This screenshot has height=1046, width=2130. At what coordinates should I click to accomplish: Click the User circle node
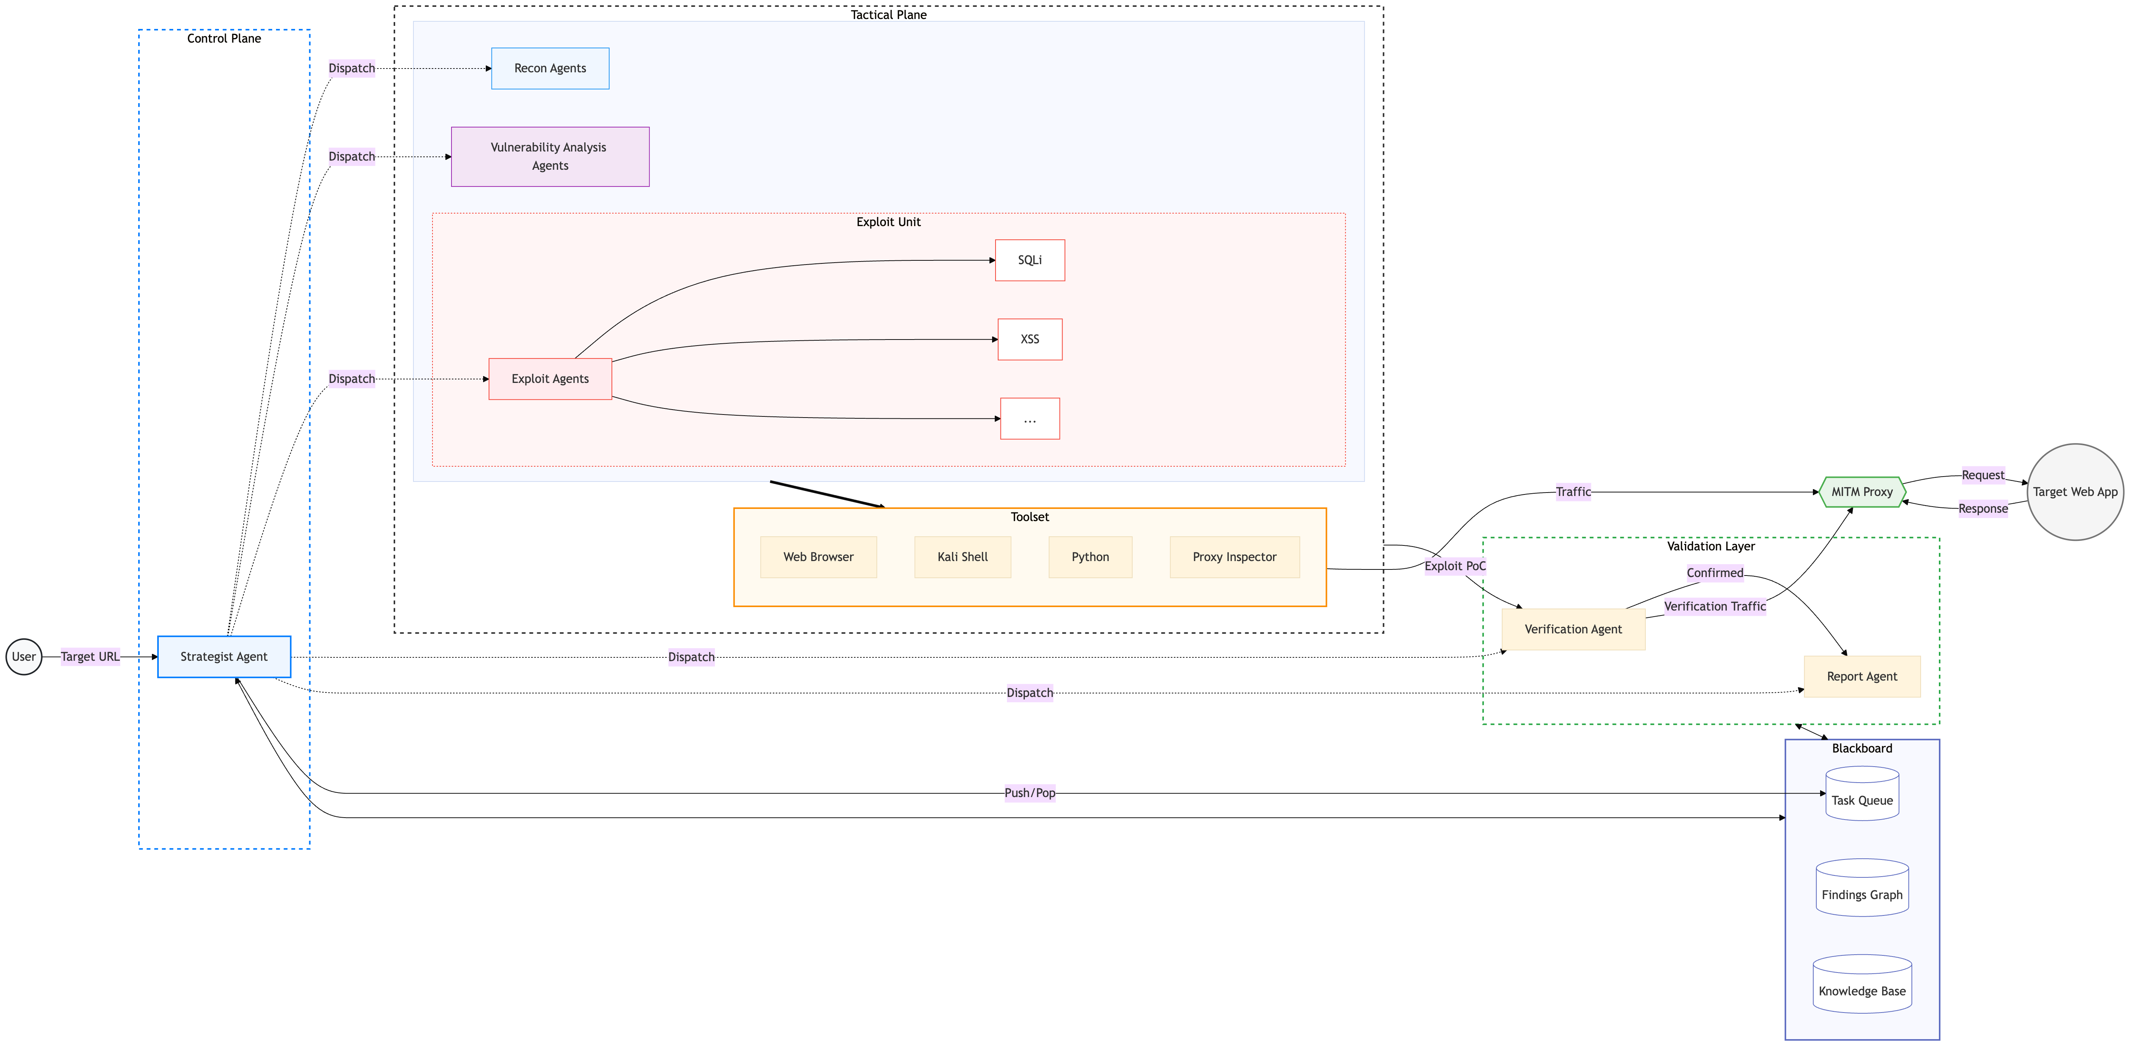click(24, 657)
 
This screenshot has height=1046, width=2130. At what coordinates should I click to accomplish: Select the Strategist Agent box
click(224, 657)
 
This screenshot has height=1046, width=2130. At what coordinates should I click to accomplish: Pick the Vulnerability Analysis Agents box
click(550, 156)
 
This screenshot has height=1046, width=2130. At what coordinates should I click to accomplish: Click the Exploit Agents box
click(550, 379)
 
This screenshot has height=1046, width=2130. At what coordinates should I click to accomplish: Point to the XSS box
click(1029, 339)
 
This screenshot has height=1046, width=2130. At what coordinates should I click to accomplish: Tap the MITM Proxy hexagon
click(1862, 492)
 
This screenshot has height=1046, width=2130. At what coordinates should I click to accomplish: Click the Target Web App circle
click(2076, 492)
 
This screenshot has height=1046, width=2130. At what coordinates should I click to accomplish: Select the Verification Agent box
click(1573, 629)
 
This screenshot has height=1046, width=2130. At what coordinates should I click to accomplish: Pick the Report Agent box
click(1862, 676)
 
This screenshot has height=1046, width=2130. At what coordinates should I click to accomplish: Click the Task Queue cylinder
click(1862, 794)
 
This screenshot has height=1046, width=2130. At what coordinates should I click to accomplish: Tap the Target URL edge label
click(90, 657)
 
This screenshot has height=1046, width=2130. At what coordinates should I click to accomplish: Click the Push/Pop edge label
click(1029, 793)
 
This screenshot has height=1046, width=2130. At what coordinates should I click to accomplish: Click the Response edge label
click(1983, 509)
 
